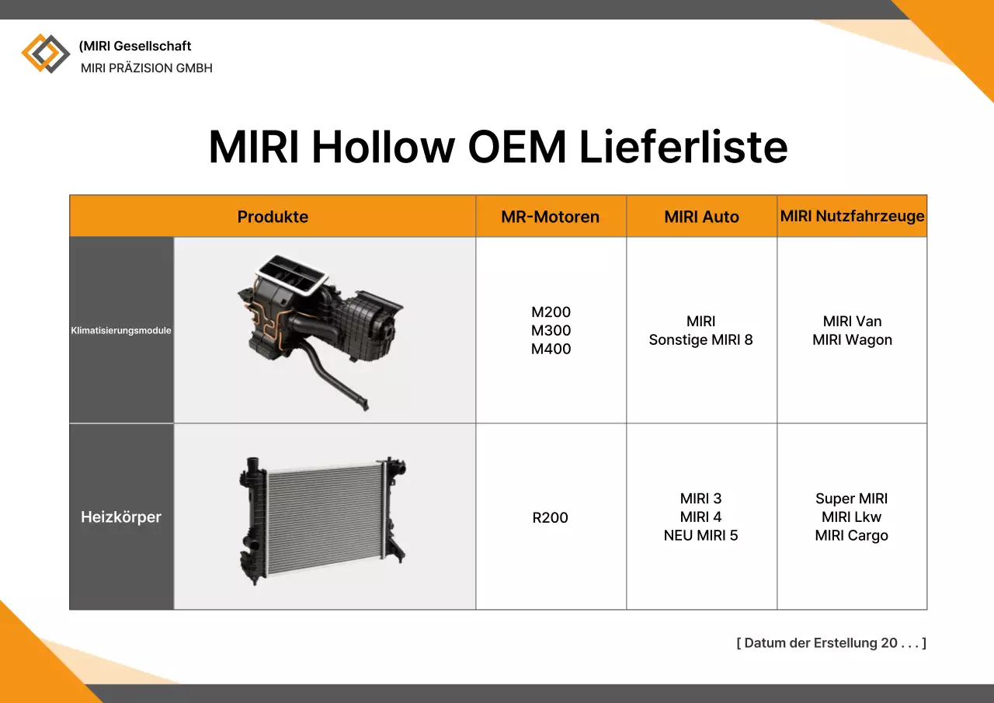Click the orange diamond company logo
45,54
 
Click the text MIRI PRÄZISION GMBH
146,68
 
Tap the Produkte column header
273,217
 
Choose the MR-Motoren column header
550,217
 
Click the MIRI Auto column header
701,217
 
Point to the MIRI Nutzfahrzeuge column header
852,216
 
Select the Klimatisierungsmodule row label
121,330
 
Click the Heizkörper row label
121,517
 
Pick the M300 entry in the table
551,330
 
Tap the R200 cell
550,517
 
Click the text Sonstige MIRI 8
700,339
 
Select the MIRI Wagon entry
852,339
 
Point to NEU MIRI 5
700,535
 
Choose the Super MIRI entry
851,499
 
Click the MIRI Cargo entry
851,535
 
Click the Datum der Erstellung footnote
831,643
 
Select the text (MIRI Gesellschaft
135,46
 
